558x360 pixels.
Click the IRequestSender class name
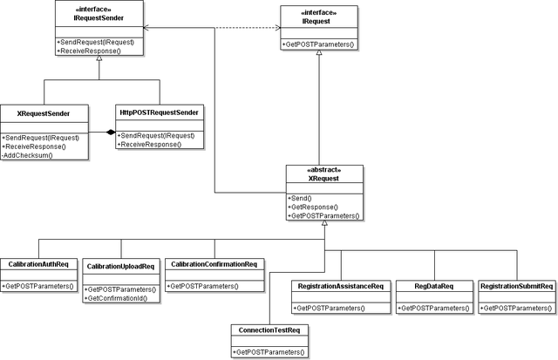[x=99, y=18]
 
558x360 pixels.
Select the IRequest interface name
[x=316, y=21]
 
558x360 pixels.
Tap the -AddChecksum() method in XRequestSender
[x=27, y=155]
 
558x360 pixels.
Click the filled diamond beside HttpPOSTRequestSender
[x=111, y=132]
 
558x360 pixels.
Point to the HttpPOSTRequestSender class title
[x=159, y=112]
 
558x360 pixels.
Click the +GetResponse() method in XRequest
[x=313, y=207]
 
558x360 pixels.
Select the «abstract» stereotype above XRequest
[x=323, y=170]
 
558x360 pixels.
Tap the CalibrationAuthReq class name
[x=38, y=264]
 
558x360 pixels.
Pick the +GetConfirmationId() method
[x=116, y=298]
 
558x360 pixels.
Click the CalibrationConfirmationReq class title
[x=214, y=264]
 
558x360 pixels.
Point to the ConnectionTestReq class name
[x=269, y=330]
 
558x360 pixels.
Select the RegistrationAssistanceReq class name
[x=341, y=286]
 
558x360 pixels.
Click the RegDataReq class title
[x=434, y=286]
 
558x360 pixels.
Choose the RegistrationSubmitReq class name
[x=517, y=286]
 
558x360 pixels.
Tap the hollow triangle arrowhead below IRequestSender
[x=99, y=58]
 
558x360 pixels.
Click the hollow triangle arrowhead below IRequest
[x=319, y=52]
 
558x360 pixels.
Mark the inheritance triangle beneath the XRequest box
[x=324, y=223]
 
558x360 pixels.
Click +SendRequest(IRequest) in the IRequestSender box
[x=95, y=42]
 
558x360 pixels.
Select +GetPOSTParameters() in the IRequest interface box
[x=318, y=44]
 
